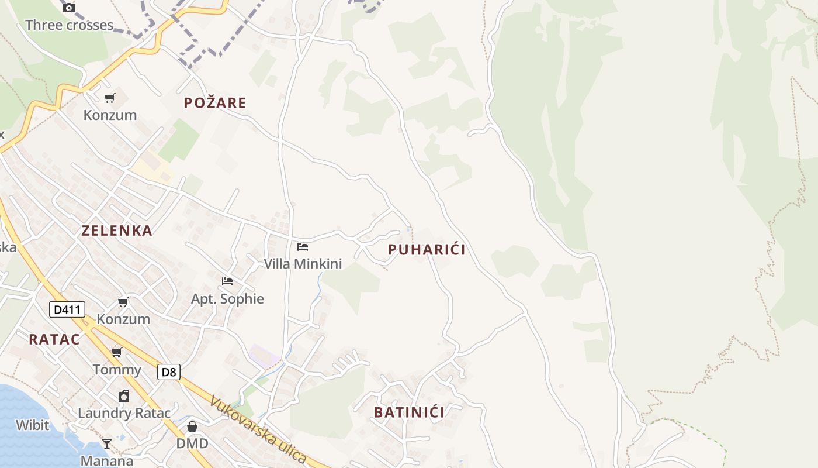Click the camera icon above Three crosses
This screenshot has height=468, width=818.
69,8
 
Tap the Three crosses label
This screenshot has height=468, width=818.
69,25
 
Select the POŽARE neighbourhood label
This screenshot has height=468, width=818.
215,103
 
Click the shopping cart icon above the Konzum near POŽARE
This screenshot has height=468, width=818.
110,98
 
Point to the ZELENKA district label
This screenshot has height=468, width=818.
117,230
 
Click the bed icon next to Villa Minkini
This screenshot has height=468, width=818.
303,246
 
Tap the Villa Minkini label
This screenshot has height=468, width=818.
303,264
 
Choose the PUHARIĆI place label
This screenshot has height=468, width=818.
427,250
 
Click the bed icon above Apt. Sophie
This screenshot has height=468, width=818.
227,281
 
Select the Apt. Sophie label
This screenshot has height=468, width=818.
227,299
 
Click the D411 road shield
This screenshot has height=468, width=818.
67,309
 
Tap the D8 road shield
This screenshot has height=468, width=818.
169,371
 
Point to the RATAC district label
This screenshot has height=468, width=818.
54,339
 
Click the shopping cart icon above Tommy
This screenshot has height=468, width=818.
117,352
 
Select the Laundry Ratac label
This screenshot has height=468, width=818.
124,413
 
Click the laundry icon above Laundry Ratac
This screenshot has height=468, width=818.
124,396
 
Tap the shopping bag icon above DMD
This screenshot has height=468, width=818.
192,426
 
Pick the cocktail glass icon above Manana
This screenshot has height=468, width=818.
107,444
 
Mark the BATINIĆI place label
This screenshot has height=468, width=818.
409,412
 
